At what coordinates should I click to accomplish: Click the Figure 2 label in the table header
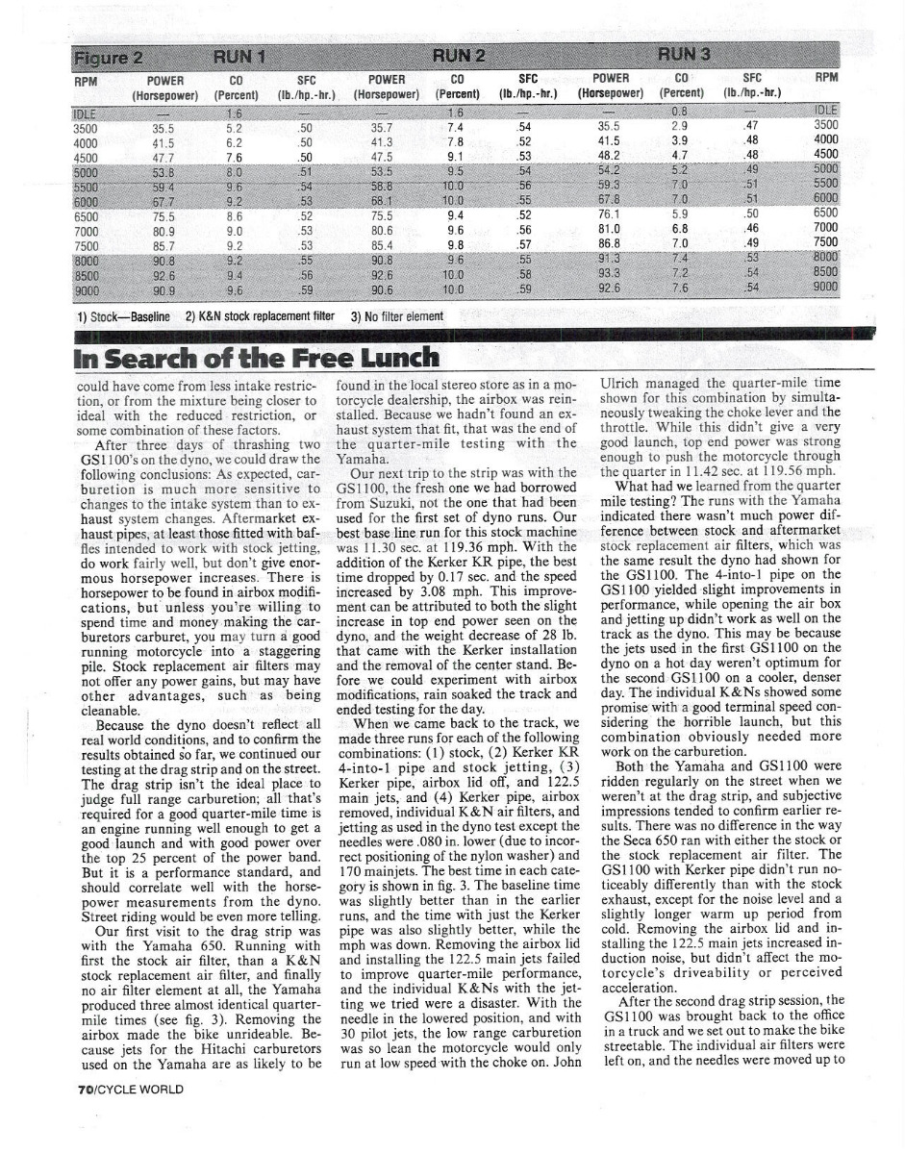click(111, 54)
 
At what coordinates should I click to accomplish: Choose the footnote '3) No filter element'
click(397, 315)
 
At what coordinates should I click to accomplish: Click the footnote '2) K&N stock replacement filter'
click(260, 315)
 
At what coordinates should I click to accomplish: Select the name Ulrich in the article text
click(618, 382)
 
